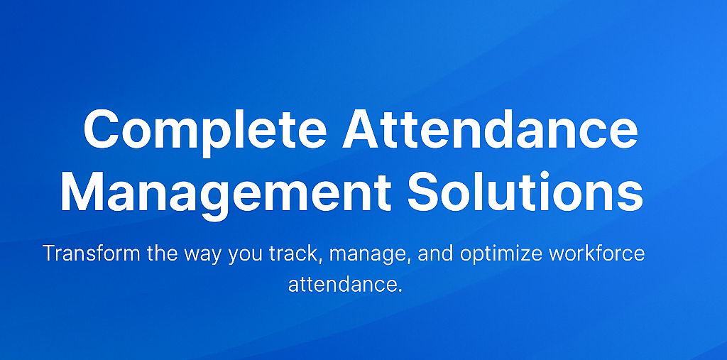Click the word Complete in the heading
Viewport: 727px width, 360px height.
(x=205, y=131)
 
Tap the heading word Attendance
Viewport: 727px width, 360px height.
(x=489, y=131)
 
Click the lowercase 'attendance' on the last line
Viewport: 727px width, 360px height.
(x=343, y=285)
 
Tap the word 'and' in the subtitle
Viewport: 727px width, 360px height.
(x=435, y=253)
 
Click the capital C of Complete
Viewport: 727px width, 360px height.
(x=103, y=131)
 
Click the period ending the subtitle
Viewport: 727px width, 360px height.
(x=400, y=291)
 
